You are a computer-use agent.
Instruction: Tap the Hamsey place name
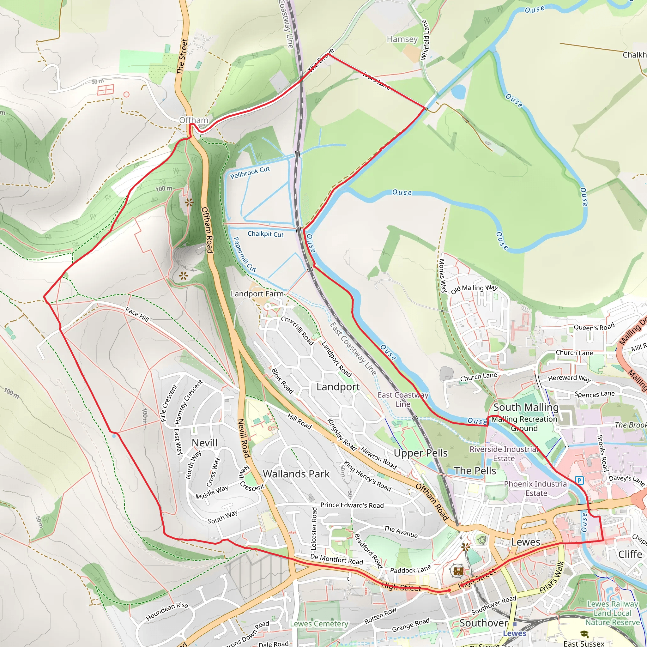(x=402, y=39)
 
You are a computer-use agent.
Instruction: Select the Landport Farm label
(x=257, y=294)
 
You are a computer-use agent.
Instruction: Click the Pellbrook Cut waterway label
(x=250, y=172)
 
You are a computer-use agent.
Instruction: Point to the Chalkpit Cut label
(x=265, y=234)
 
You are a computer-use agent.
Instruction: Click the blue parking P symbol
(x=579, y=481)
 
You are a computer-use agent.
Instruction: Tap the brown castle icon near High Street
(x=458, y=571)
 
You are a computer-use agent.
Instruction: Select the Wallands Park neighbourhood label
(x=296, y=474)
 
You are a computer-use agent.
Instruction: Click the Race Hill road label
(x=137, y=314)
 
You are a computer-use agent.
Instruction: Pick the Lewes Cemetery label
(x=319, y=624)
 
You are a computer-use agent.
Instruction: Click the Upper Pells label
(x=420, y=453)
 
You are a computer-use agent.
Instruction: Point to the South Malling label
(x=526, y=407)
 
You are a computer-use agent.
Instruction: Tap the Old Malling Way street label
(x=474, y=289)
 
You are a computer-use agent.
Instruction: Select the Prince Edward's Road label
(x=352, y=505)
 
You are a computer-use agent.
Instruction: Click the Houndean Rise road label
(x=167, y=611)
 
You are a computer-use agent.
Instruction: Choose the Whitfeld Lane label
(x=425, y=40)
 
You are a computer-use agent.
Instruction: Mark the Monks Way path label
(x=442, y=275)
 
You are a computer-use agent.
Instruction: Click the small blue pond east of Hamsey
(x=458, y=91)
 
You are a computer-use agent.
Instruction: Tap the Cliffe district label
(x=630, y=554)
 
